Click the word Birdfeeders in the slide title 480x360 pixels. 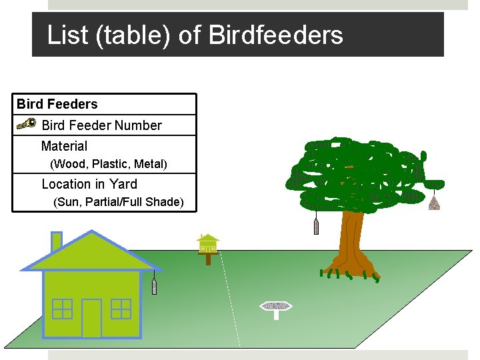275,35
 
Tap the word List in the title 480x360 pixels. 67,35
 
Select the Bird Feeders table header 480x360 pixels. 57,104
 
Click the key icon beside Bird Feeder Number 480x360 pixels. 26,125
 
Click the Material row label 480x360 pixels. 64,146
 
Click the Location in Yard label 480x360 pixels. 89,184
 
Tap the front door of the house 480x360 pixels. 91,318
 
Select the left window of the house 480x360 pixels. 62,309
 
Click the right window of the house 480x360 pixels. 121,309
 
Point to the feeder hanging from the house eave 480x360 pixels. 155,287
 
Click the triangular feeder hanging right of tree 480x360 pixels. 434,202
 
